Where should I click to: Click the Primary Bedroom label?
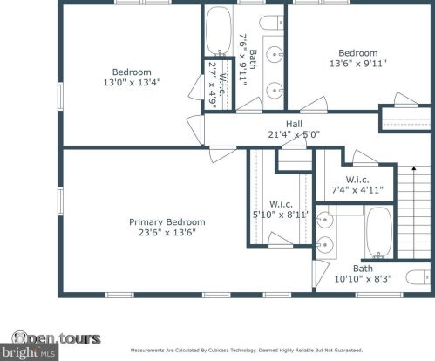tap(167, 222)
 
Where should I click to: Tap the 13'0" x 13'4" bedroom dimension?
tap(133, 83)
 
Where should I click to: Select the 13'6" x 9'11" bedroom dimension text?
tap(358, 64)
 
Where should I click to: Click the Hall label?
tap(294, 124)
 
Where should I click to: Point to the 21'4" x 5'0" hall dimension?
tap(294, 134)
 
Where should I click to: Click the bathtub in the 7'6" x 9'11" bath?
tap(218, 31)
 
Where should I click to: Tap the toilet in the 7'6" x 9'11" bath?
tap(271, 23)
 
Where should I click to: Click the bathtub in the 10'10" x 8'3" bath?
tap(378, 232)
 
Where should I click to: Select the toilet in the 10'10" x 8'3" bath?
tap(418, 277)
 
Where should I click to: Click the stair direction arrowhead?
tap(414, 168)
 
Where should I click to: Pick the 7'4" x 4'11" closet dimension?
tap(357, 190)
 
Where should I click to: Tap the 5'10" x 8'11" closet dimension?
tap(282, 215)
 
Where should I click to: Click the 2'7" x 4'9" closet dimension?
tap(213, 85)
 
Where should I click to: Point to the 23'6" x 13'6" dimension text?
tap(167, 233)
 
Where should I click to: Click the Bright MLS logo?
tap(29, 352)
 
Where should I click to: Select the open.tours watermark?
tap(56, 338)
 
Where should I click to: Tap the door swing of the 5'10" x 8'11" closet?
tap(280, 240)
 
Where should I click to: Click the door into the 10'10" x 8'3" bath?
tap(321, 273)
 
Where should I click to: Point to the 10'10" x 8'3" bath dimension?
tap(363, 279)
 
